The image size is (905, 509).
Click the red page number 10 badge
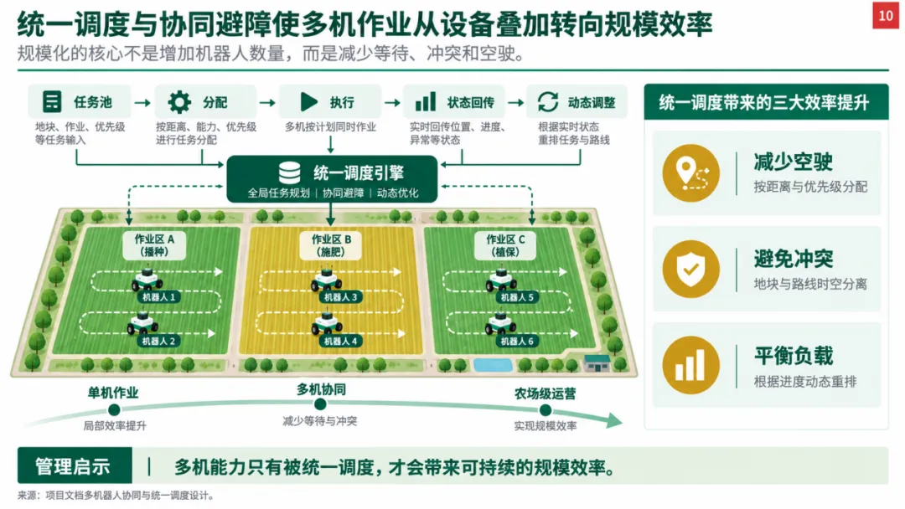click(x=886, y=15)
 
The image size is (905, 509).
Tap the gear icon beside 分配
click(x=179, y=102)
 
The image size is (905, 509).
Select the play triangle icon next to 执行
click(x=308, y=102)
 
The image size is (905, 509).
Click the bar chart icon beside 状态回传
click(x=426, y=102)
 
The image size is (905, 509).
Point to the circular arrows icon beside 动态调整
click(x=548, y=102)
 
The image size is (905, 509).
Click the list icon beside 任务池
click(x=52, y=102)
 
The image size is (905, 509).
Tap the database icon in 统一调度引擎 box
click(x=289, y=172)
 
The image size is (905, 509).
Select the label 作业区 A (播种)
click(x=154, y=245)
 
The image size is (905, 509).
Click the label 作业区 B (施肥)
click(x=331, y=245)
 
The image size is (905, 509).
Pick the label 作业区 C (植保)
click(x=505, y=245)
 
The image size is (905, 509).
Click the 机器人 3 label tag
click(x=340, y=297)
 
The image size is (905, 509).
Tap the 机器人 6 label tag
click(x=517, y=342)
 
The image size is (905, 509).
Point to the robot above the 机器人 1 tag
click(x=147, y=279)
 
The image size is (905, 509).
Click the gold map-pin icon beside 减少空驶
click(x=690, y=173)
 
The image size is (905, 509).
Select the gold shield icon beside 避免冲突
click(x=690, y=270)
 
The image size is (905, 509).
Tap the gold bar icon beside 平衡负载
click(x=690, y=366)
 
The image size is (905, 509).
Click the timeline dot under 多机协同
click(x=320, y=404)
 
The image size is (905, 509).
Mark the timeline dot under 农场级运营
click(x=545, y=410)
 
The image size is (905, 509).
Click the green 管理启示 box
click(x=75, y=465)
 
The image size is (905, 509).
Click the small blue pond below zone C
click(x=493, y=365)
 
